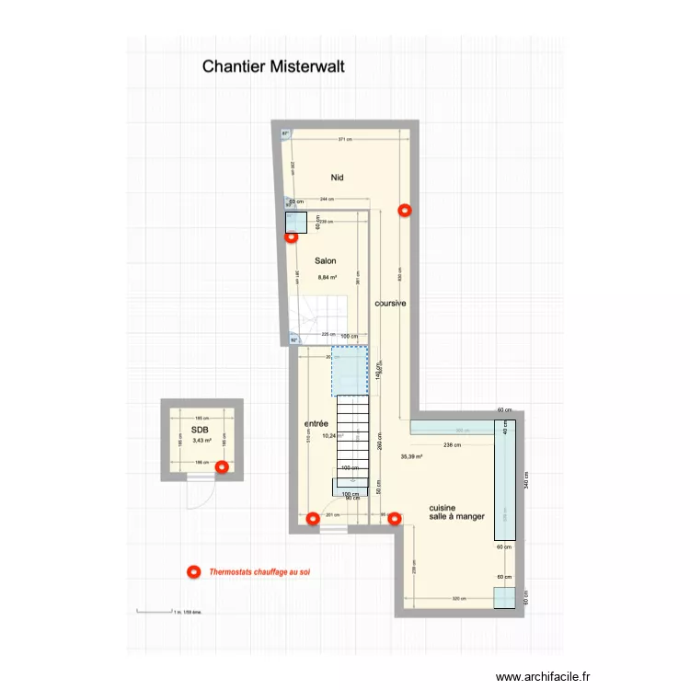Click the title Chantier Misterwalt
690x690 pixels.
(273, 66)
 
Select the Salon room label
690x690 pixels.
(325, 260)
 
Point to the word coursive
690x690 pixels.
(391, 303)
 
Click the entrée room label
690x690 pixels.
(316, 423)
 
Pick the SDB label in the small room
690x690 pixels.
(200, 430)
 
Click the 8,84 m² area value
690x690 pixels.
(328, 277)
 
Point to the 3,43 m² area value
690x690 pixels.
(201, 441)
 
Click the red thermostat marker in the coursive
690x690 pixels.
(404, 210)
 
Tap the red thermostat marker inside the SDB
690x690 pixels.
(221, 467)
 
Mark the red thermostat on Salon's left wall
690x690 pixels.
(291, 236)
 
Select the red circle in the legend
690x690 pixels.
(193, 572)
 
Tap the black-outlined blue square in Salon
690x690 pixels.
(296, 223)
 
